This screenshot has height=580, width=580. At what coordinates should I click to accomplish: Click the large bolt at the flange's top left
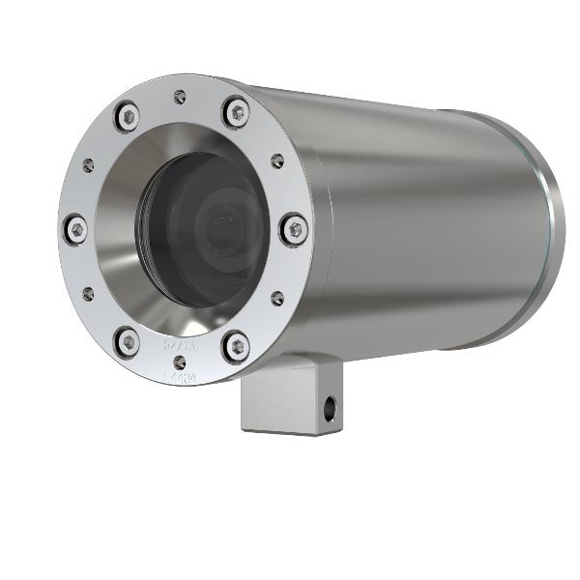pos(127,117)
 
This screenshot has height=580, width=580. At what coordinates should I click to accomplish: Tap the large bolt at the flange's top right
pos(236,112)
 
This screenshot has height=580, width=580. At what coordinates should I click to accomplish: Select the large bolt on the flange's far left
pos(75,230)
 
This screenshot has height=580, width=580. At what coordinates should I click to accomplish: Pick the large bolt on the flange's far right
pos(295,230)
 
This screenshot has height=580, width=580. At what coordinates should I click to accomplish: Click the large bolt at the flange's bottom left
pos(127,340)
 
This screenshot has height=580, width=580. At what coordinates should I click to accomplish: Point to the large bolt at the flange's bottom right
pos(235,345)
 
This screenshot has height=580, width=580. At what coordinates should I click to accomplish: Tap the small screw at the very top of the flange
pos(180,96)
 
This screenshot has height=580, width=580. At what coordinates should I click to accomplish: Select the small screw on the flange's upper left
pos(88,165)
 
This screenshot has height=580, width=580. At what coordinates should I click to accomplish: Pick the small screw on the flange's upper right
pos(277,160)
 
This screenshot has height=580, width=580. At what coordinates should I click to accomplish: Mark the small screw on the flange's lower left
pos(88,293)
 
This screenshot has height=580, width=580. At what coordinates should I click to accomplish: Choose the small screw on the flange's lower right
pos(277,299)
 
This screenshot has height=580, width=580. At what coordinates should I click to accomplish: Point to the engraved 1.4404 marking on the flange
pos(179,378)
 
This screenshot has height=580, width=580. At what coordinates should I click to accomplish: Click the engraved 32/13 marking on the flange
pos(179,343)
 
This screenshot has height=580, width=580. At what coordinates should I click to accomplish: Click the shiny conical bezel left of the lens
pos(121,232)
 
